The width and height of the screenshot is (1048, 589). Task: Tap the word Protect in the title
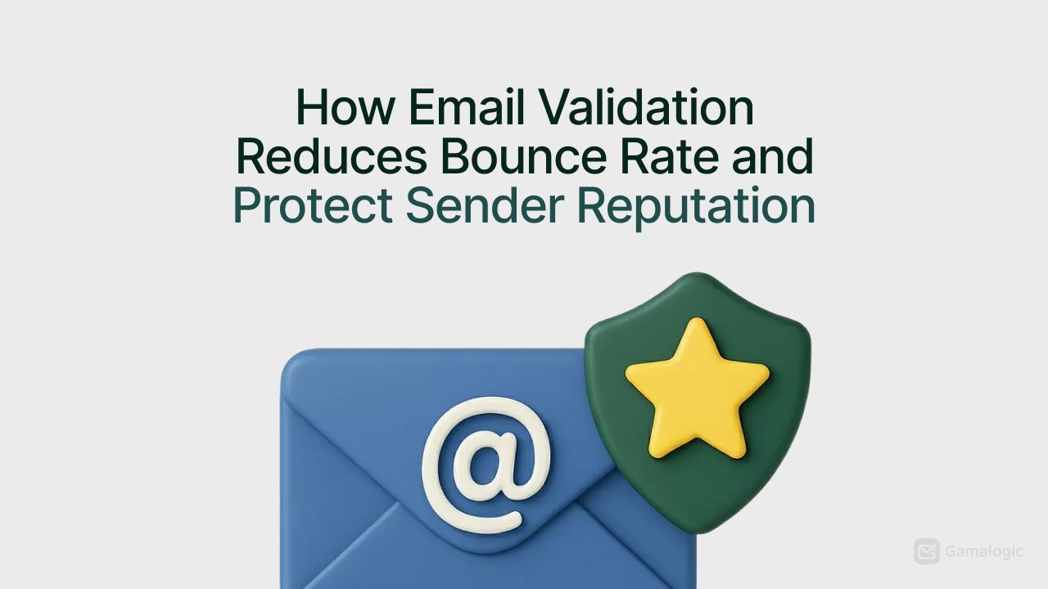(x=313, y=206)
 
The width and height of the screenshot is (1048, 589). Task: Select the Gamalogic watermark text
(x=984, y=551)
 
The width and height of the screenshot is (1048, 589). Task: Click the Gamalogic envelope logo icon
(x=927, y=551)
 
